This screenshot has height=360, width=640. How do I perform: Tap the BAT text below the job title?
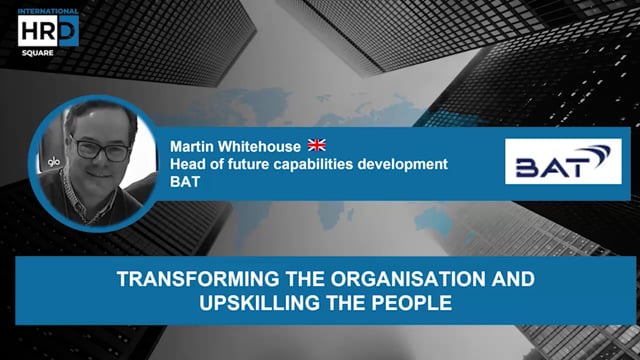click(x=187, y=183)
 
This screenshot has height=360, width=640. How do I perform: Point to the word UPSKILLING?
click(x=243, y=300)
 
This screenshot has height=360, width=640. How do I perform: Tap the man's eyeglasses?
click(x=101, y=147)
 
